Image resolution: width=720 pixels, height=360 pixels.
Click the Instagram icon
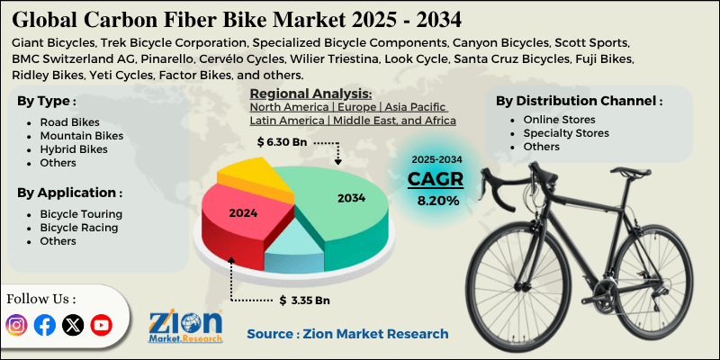pos(17,325)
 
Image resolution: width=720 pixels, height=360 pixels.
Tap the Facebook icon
pos(44,325)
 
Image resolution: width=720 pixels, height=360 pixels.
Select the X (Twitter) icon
pos(72,325)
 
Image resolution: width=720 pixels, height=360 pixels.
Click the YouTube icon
pos(101,325)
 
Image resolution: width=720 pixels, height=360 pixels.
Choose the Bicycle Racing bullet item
pos(79,228)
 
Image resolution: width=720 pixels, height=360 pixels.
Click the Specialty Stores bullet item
pos(565,132)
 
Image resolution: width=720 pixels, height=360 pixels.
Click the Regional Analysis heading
pos(310,94)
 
